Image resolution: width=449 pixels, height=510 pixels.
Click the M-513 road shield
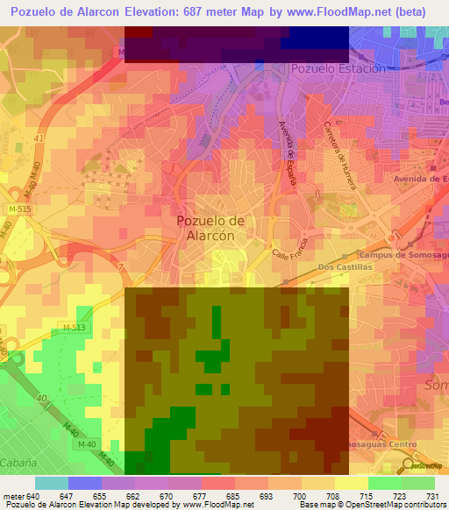(x=74, y=327)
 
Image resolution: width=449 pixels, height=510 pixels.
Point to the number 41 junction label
(x=38, y=138)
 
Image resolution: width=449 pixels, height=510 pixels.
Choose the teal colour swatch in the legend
(x=51, y=483)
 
